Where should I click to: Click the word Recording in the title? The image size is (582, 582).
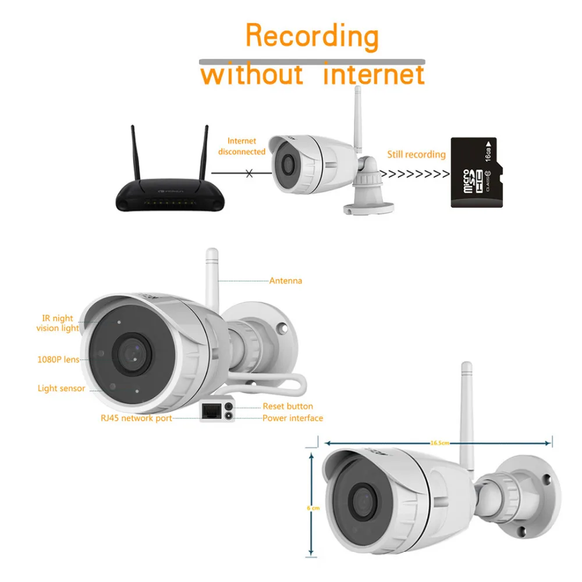coord(312,36)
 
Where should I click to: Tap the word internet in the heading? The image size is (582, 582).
coord(374,75)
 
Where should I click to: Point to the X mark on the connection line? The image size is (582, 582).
coord(250,173)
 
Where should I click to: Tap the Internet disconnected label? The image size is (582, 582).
coord(242,146)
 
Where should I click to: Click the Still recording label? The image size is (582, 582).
coord(416,154)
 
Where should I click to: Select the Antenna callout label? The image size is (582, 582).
coord(285,281)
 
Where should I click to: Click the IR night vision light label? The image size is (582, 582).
coord(57,323)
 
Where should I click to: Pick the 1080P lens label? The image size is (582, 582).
coord(58,359)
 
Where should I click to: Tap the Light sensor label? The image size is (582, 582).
coord(61,388)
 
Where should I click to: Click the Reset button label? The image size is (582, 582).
coord(288,406)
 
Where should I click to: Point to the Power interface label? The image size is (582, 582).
coord(292,418)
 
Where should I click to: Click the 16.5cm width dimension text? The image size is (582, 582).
coord(440,443)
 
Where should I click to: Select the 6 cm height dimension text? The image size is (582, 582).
coord(313,508)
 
